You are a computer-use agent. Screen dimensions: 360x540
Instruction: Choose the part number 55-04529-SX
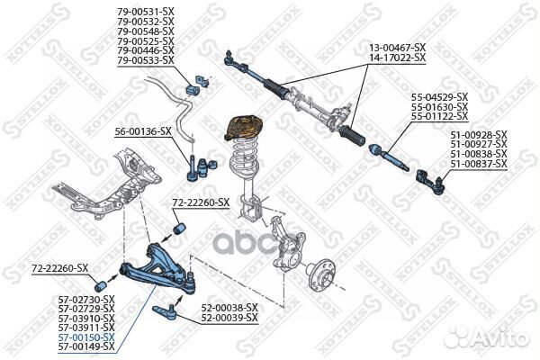point(439,96)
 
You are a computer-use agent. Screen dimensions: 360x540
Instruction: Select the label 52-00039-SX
point(229,317)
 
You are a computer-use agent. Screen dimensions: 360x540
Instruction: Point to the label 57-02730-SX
point(86,298)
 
